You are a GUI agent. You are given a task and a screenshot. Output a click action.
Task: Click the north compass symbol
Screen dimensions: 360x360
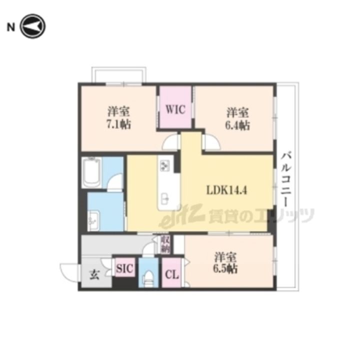pyautogui.click(x=33, y=26)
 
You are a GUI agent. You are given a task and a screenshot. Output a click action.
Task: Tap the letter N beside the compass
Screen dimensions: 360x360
pyautogui.click(x=11, y=27)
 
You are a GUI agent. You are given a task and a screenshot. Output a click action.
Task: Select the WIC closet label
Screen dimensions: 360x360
pyautogui.click(x=175, y=109)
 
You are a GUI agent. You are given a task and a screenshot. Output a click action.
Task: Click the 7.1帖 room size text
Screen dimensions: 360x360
pyautogui.click(x=118, y=125)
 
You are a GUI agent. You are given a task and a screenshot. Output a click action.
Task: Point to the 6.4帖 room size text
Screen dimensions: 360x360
pyautogui.click(x=237, y=125)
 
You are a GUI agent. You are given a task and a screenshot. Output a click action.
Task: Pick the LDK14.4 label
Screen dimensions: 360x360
pyautogui.click(x=227, y=190)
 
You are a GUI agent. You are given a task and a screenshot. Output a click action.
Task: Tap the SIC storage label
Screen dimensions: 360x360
pyautogui.click(x=124, y=268)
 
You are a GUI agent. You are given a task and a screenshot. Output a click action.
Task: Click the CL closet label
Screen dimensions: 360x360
pyautogui.click(x=172, y=275)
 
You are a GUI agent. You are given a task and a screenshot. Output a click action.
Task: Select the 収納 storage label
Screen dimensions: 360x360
pyautogui.click(x=165, y=244)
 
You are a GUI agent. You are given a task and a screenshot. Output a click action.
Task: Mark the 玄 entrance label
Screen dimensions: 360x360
pyautogui.click(x=94, y=275)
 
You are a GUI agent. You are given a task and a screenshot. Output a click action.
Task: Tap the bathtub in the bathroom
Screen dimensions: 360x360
pyautogui.click(x=92, y=173)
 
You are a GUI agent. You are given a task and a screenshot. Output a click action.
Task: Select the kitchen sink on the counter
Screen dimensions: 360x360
pyautogui.click(x=165, y=198)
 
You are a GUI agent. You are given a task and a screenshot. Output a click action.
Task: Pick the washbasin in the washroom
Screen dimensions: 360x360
pyautogui.click(x=93, y=220)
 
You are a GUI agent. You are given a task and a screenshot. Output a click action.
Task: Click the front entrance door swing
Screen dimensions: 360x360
pyautogui.click(x=69, y=271)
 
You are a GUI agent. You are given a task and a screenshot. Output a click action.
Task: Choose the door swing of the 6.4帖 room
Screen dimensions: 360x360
pyautogui.click(x=211, y=142)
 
